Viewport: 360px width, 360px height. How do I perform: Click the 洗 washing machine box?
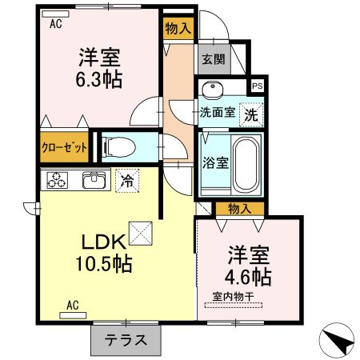point(250,113)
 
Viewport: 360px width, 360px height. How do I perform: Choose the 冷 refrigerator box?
point(126,180)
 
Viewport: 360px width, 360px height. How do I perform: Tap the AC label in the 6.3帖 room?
point(56,24)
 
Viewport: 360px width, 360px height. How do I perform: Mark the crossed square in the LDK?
point(140,234)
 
